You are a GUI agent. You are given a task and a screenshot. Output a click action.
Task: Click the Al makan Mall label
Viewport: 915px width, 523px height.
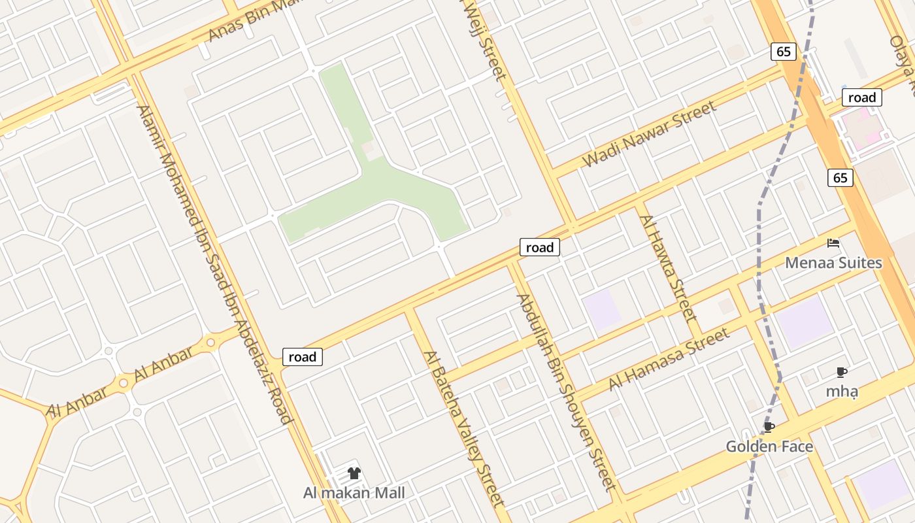coord(354,493)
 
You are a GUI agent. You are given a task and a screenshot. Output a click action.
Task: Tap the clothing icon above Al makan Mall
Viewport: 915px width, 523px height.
coord(354,473)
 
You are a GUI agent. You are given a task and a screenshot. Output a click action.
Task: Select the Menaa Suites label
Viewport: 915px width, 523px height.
coord(833,263)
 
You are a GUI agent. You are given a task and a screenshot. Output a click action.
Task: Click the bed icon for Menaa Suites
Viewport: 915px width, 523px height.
coord(833,243)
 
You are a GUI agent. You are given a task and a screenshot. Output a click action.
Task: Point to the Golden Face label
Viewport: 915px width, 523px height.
coord(769,447)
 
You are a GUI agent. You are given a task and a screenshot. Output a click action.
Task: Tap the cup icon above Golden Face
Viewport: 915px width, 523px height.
coord(769,428)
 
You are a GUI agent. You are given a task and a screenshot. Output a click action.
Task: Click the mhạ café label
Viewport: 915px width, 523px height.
coord(842,392)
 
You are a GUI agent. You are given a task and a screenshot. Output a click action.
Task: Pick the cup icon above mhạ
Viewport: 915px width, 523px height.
coord(842,373)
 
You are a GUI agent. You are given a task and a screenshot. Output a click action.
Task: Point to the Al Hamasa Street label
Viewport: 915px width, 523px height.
coord(669,360)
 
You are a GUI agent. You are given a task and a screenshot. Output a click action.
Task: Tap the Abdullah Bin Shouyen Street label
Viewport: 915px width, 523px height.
coord(566,392)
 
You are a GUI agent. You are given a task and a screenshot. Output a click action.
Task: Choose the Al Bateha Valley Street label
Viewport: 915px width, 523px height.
coord(465,429)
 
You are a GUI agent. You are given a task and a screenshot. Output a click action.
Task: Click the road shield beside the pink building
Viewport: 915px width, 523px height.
coord(861,98)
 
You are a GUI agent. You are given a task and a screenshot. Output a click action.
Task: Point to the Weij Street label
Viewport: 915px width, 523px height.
coord(484,39)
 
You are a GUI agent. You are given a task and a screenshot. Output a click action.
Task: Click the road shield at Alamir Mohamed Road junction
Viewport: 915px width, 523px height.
coord(303,357)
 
